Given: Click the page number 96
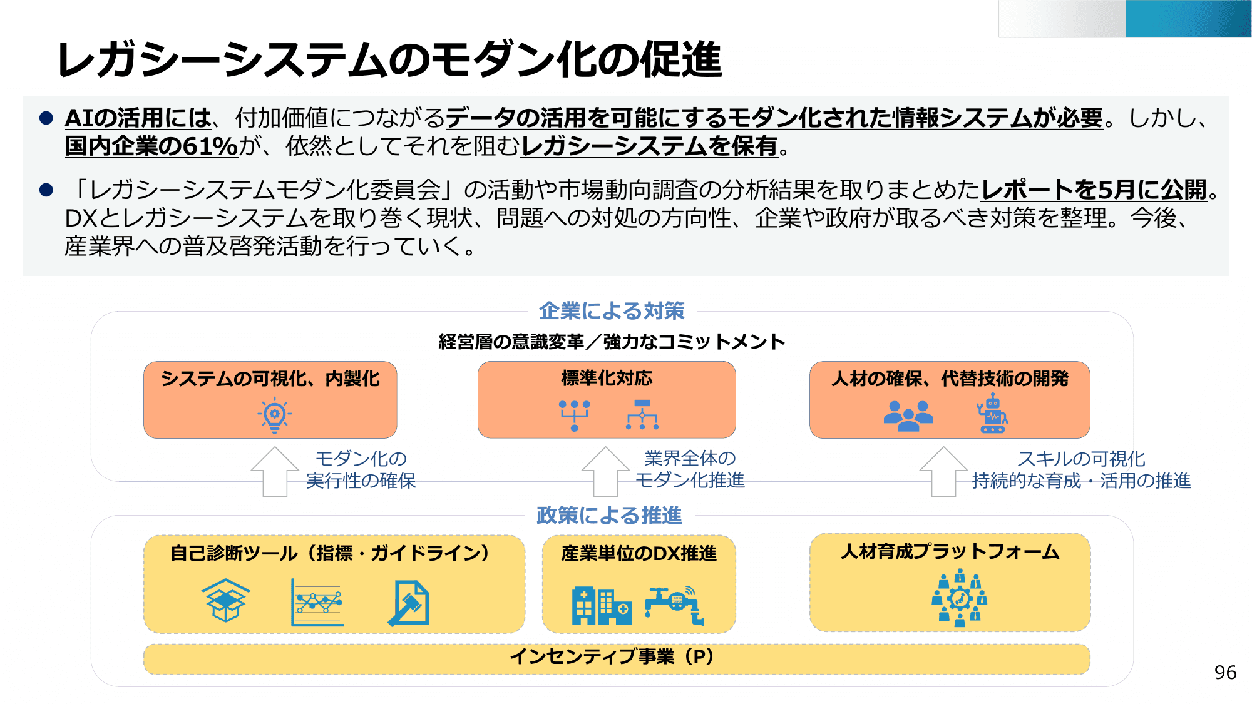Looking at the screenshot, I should [x=1225, y=673].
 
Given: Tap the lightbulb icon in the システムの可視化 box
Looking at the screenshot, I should [x=274, y=415].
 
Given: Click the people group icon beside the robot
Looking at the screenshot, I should [x=908, y=416].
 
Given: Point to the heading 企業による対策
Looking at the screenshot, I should [x=612, y=311].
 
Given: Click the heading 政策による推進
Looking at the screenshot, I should [x=609, y=516].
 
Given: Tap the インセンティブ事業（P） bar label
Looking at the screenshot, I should [x=612, y=656].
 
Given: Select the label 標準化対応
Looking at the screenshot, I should [x=607, y=379].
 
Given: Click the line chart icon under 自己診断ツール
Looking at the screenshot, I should [x=317, y=603].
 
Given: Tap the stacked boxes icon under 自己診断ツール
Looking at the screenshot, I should [x=225, y=600].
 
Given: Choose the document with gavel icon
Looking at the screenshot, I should [x=409, y=603].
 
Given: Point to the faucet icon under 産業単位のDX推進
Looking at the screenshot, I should [x=675, y=604].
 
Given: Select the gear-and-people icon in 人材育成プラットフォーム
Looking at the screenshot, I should [x=960, y=598].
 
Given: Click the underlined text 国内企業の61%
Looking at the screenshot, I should [x=151, y=146].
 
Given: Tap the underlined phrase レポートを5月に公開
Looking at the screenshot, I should [x=1094, y=190].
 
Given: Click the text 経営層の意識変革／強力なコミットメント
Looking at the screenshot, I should [x=612, y=342].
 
